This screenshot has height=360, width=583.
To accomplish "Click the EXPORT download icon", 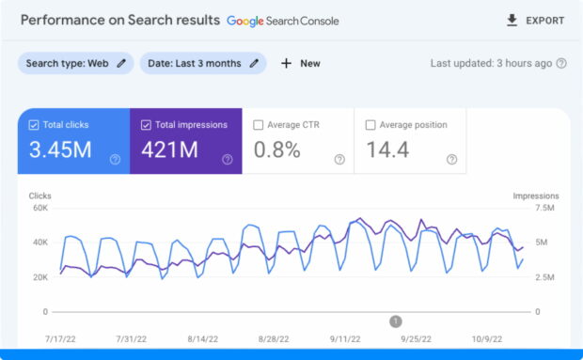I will coord(512,20).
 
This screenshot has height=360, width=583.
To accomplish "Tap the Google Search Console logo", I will coord(282,20).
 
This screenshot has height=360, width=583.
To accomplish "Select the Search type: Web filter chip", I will coord(75,63).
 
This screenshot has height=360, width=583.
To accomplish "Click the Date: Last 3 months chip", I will coord(202,63).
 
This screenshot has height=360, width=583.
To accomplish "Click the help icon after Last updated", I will coord(561,63).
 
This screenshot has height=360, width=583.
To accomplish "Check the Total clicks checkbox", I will coord(34,124).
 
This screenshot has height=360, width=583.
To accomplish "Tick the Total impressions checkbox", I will coord(146,124).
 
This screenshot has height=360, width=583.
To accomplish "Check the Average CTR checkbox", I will coord(258,124).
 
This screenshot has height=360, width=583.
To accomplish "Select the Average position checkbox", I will coord(370,124).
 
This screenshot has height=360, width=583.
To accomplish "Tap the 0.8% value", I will coord(277,149).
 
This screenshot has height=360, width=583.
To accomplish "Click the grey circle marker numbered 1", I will coord(396,321).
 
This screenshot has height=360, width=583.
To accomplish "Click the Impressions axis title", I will coord(535,196).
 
